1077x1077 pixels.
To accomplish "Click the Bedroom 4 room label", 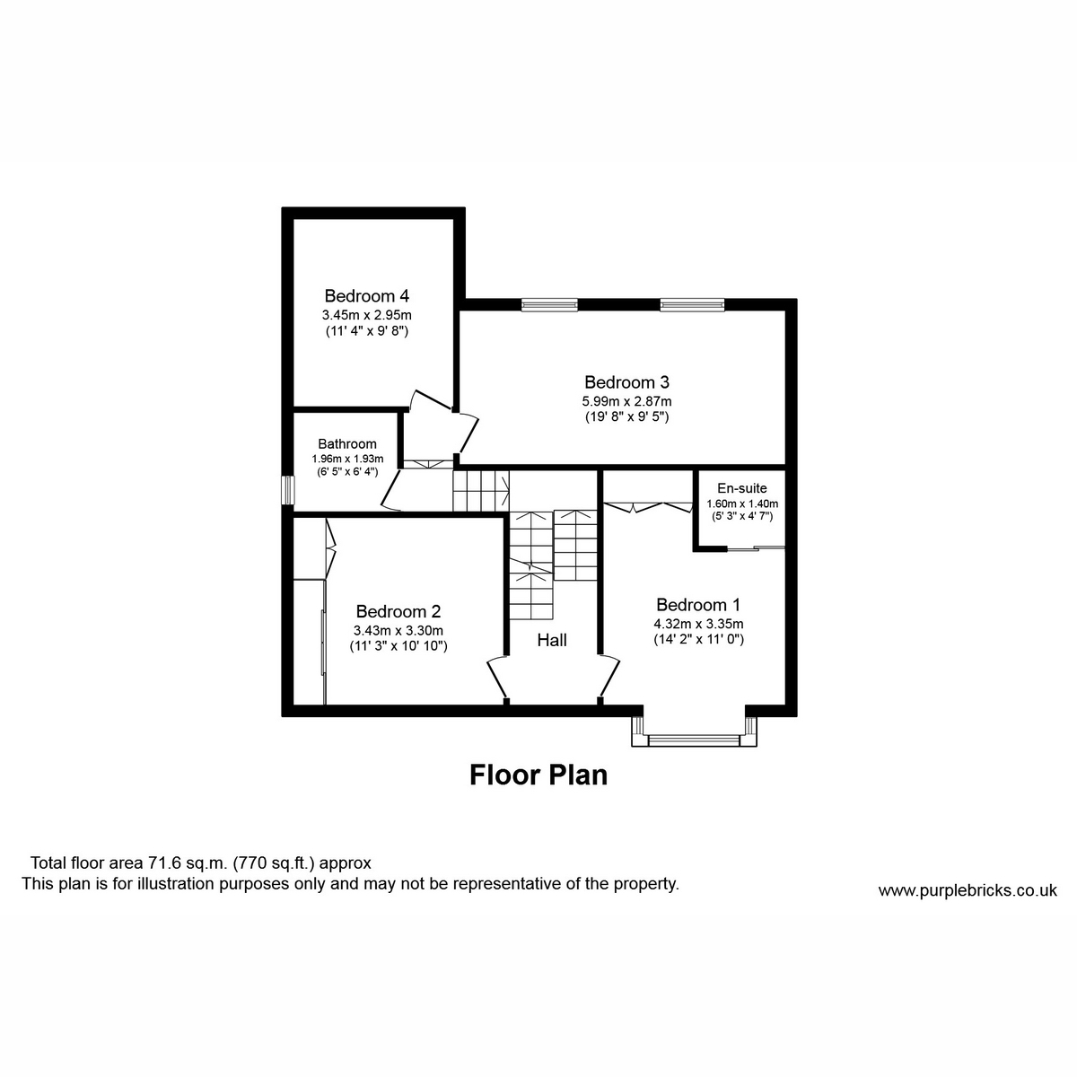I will [x=367, y=295].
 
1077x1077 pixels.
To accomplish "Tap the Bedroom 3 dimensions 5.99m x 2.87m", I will [x=626, y=401].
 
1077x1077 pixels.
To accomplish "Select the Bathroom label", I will [x=347, y=443].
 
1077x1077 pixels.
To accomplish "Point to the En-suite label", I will [x=741, y=488].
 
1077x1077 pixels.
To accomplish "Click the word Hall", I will [x=552, y=640].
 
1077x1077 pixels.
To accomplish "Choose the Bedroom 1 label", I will [x=698, y=605].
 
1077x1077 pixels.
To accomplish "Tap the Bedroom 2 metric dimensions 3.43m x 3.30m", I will [x=398, y=630].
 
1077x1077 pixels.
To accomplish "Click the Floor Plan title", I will [x=538, y=775].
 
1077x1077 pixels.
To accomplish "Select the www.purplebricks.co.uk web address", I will [x=968, y=890].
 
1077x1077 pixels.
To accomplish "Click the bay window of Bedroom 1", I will [x=695, y=740].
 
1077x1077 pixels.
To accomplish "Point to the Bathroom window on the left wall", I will [x=288, y=490].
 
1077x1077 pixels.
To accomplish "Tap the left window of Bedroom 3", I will [x=550, y=305].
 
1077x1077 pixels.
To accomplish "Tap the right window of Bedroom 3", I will [x=691, y=305].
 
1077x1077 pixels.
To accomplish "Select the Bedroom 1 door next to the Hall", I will [x=609, y=678].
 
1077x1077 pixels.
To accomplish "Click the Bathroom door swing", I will [x=391, y=493].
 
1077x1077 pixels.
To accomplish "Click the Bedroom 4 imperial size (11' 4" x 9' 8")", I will [x=367, y=330].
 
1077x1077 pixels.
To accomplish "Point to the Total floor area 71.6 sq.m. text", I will [x=201, y=863].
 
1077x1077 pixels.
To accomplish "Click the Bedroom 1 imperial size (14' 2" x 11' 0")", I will [x=698, y=640].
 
